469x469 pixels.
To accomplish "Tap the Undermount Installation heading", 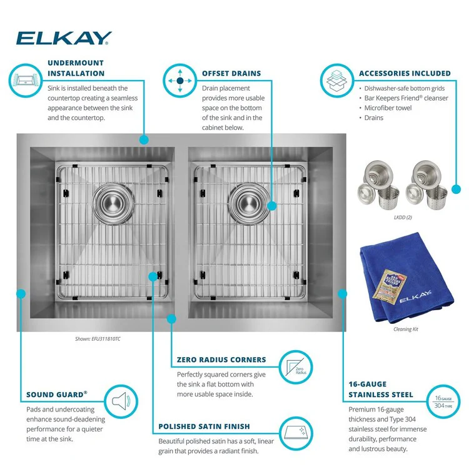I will pyautogui.click(x=76, y=68).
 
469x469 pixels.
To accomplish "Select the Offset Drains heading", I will pyautogui.click(x=231, y=73).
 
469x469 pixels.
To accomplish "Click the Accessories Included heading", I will pyautogui.click(x=405, y=73).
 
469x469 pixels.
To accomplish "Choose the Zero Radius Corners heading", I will pyautogui.click(x=221, y=360).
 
